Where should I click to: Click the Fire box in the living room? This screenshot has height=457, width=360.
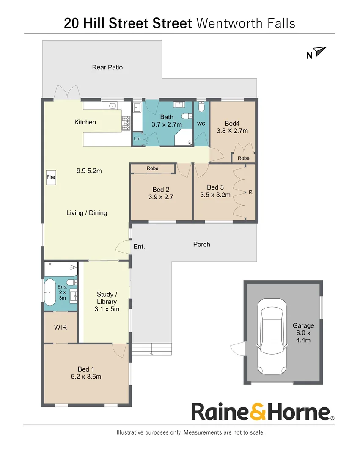pyautogui.click(x=51, y=178)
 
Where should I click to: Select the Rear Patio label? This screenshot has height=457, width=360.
pyautogui.click(x=107, y=67)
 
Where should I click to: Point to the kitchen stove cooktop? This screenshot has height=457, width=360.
pyautogui.click(x=126, y=123)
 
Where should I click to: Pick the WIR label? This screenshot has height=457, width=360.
pyautogui.click(x=60, y=327)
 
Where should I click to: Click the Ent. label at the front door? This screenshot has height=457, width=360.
pyautogui.click(x=139, y=246)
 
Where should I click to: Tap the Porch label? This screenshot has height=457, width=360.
pyautogui.click(x=201, y=244)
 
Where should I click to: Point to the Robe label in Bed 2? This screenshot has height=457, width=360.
pyautogui.click(x=152, y=168)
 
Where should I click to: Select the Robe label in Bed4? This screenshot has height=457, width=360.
pyautogui.click(x=243, y=158)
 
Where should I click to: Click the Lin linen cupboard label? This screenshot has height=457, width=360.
pyautogui.click(x=137, y=138)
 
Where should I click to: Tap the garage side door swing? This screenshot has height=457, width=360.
pyautogui.click(x=237, y=350)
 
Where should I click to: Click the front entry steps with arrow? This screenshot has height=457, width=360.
pyautogui.click(x=151, y=350)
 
